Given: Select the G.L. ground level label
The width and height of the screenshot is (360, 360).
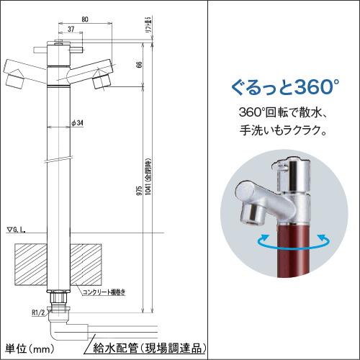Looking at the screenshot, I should click(x=17, y=230).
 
